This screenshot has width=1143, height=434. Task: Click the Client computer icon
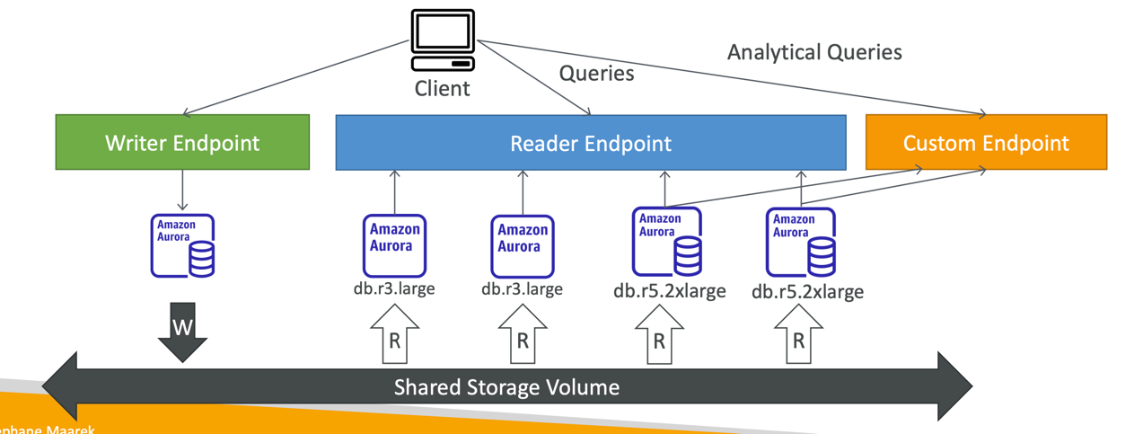pos(442,40)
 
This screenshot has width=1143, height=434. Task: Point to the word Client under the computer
pos(442,89)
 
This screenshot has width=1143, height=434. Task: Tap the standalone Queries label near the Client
pos(596,73)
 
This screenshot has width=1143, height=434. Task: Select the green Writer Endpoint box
pos(182,142)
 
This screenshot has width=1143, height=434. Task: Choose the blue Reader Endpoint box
pos(590,143)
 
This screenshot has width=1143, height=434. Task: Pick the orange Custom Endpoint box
pos(986,143)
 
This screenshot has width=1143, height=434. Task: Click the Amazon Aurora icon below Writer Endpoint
pos(182,245)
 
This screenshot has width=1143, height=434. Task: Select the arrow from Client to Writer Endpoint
pos(296,77)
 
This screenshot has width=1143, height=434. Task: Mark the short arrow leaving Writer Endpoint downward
pos(182,190)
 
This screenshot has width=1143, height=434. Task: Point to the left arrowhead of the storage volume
pos(63,386)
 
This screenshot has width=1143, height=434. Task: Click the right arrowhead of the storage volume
pos(954,386)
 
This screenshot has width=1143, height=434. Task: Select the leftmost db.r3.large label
pos(394,288)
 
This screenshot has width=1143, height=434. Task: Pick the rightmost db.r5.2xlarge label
pos(807,291)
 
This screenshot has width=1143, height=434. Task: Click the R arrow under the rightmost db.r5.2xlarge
pos(798,337)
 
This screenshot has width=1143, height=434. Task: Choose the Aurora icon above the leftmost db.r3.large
pos(394,244)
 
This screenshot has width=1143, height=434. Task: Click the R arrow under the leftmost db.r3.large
pos(394,337)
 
